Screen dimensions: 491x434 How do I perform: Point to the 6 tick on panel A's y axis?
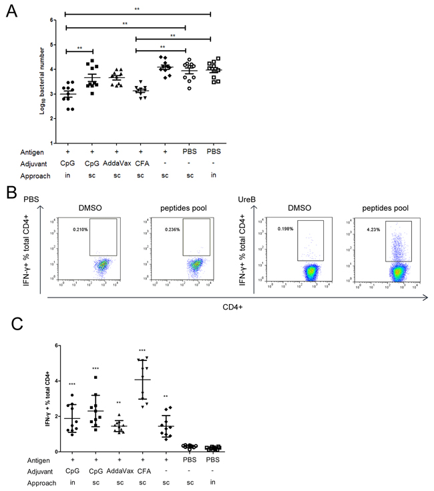[x=52, y=20]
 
